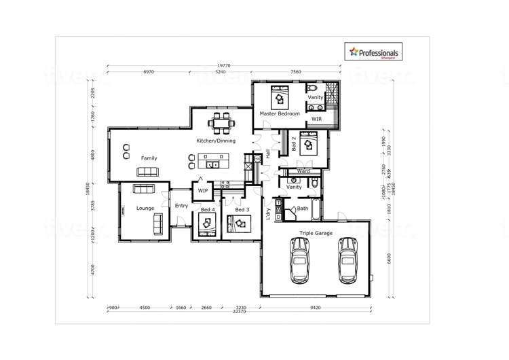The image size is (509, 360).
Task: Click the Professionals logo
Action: click(x=374, y=52)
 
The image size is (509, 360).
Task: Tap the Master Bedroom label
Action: click(x=280, y=113)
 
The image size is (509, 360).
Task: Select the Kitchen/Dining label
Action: click(x=216, y=141)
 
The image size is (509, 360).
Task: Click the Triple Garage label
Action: click(x=316, y=233)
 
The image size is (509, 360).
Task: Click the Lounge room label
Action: click(x=145, y=208)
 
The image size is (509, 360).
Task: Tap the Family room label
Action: click(x=149, y=158)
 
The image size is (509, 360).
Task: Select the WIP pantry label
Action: click(x=203, y=192)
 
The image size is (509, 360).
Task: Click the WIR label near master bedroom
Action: click(x=316, y=119)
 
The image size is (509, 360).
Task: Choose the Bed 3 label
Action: click(x=242, y=210)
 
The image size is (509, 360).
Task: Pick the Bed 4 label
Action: click(x=208, y=210)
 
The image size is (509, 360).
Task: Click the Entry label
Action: click(x=181, y=206)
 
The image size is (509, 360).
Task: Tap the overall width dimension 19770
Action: click(x=223, y=66)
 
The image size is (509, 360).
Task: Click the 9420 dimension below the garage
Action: click(x=316, y=308)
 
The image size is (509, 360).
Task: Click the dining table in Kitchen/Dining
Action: click(x=222, y=123)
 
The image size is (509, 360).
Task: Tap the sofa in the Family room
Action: click(x=147, y=171)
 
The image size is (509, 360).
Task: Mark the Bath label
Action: click(x=303, y=209)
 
